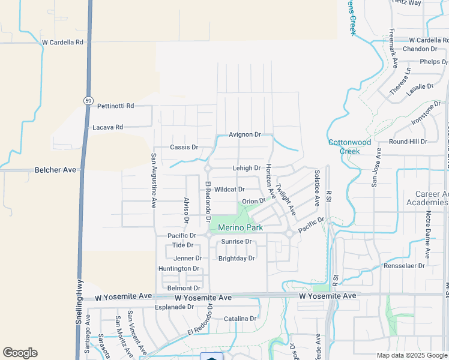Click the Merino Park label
240,228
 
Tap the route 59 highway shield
87,100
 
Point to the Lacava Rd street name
107,127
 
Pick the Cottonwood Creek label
349,147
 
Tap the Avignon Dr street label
245,135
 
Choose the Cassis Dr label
184,147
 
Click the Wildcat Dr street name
229,189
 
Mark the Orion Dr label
253,201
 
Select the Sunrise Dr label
235,241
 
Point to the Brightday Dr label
237,259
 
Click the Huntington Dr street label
178,268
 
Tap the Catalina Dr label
240,319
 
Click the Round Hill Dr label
408,142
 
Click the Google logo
20,353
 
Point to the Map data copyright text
411,355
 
